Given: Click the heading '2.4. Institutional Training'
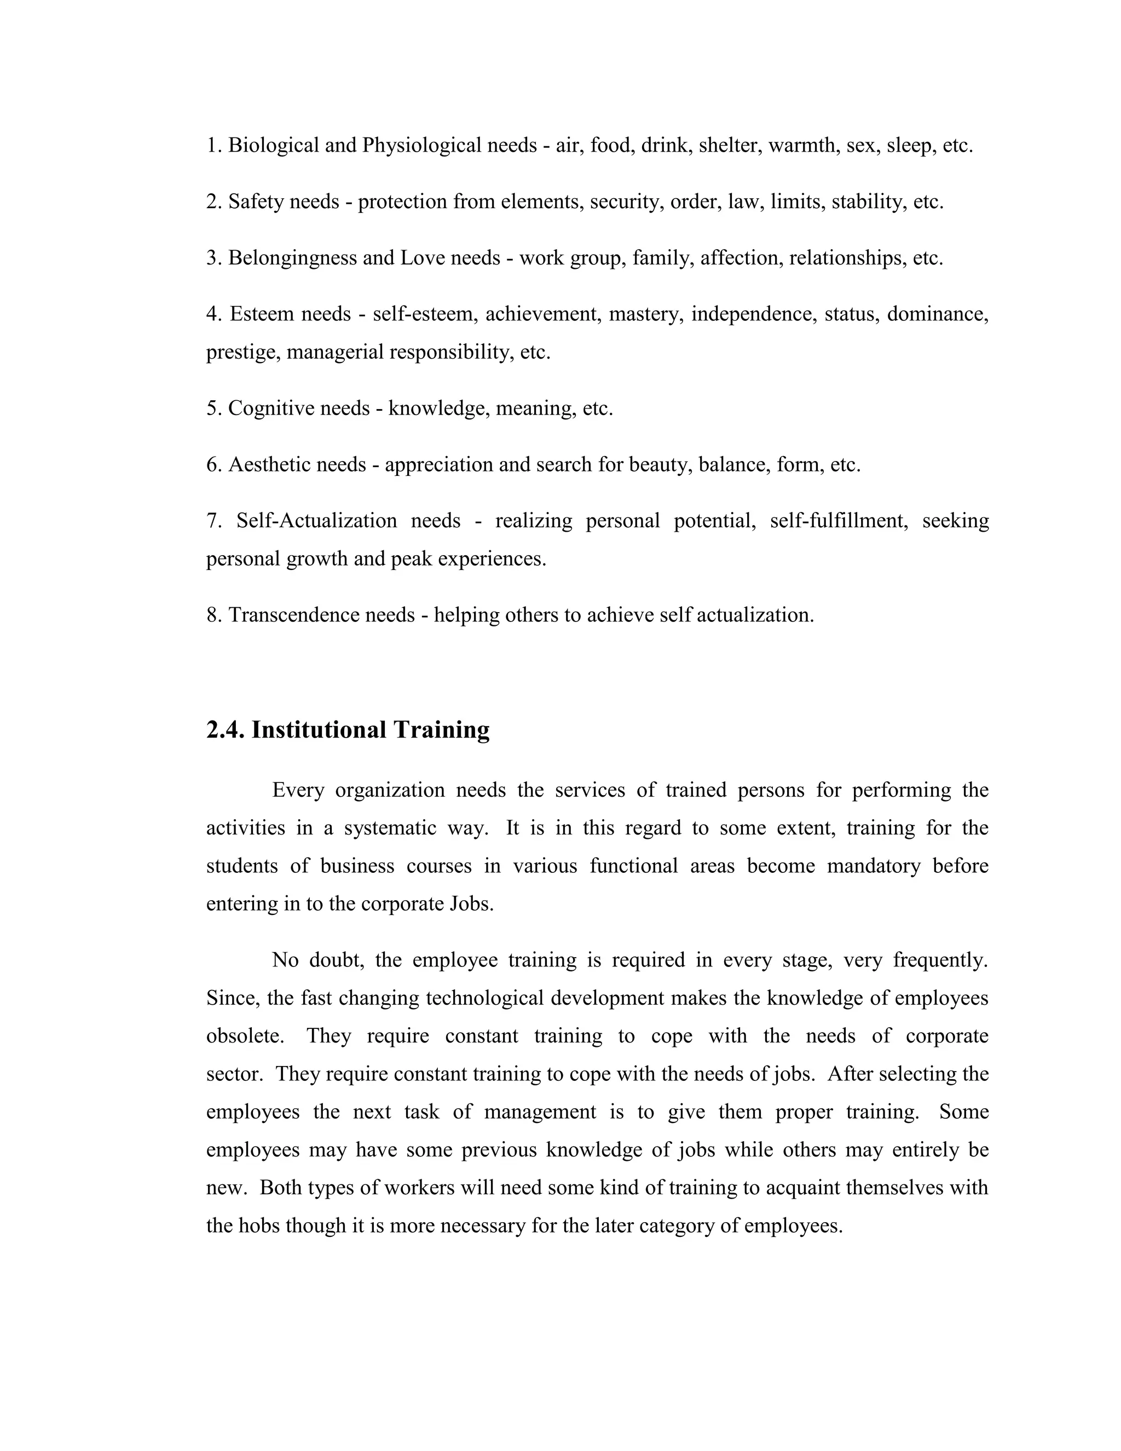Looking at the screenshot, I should pyautogui.click(x=348, y=730).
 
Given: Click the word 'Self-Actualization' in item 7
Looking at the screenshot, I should pyautogui.click(x=317, y=520).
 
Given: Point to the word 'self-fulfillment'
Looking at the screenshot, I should pyautogui.click(x=839, y=520).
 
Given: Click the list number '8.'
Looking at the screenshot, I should pyautogui.click(x=214, y=615).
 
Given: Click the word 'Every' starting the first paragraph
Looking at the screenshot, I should pyautogui.click(x=298, y=791).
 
